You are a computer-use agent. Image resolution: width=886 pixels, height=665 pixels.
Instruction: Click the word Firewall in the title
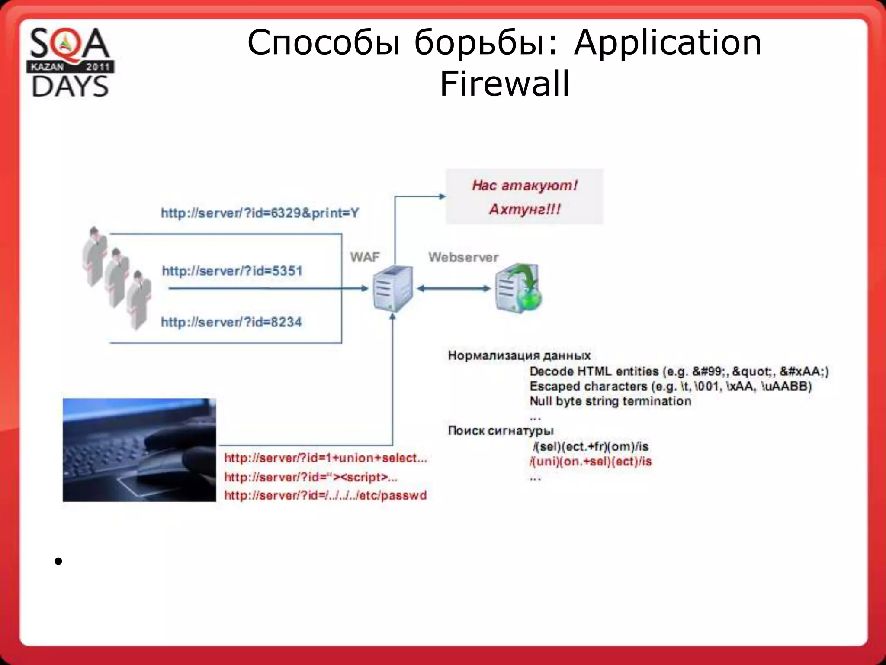pos(504,83)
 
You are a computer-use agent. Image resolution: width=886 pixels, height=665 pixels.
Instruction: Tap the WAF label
pos(364,257)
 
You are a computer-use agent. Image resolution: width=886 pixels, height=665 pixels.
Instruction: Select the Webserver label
pos(463,257)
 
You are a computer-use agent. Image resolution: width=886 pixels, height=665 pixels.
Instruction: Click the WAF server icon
pos(392,288)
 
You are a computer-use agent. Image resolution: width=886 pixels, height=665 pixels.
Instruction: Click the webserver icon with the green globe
pos(518,288)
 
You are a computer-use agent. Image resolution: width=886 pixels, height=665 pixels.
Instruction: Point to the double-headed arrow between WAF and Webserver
pos(453,288)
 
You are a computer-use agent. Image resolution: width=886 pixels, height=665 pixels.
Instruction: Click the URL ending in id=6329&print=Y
pos(260,213)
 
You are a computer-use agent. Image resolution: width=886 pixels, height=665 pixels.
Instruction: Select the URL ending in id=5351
pos(232,271)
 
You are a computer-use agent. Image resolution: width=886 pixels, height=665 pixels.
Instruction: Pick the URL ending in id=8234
pos(231,322)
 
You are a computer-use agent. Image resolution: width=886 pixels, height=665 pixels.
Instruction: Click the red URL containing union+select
pos(325,458)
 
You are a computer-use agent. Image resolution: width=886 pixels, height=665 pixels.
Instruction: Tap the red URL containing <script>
pos(311,477)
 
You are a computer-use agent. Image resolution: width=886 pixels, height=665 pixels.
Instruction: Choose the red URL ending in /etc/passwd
pos(325,495)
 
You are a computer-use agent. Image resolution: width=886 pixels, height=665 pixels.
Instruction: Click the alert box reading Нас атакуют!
pos(524,197)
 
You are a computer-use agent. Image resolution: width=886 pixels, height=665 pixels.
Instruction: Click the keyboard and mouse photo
pos(139,450)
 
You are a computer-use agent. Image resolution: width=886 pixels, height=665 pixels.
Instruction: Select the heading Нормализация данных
pos(519,355)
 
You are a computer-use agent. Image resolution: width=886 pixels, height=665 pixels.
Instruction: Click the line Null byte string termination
pos(610,401)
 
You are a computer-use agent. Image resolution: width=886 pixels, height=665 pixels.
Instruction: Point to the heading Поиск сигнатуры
pos(501,430)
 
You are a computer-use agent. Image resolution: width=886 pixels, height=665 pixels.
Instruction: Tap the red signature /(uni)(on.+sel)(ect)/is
pos(591,462)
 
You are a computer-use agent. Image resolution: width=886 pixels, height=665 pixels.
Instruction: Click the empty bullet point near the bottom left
pos(58,562)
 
